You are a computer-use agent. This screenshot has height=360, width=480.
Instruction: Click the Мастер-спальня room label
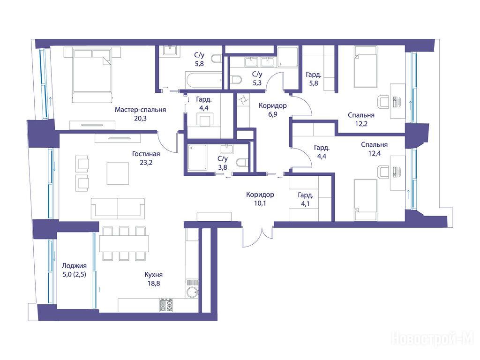point(140,110)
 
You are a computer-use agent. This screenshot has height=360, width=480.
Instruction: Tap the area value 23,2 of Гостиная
point(146,163)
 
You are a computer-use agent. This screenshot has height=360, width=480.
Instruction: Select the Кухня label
point(153,275)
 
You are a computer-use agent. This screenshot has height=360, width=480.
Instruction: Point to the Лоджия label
point(74,266)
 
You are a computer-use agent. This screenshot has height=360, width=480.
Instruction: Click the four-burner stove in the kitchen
point(165,305)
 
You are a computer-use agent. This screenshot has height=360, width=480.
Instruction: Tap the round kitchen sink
point(192,292)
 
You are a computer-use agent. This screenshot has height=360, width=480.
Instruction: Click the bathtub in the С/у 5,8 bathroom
point(203,80)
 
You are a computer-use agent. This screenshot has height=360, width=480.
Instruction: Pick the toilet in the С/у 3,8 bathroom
point(242,162)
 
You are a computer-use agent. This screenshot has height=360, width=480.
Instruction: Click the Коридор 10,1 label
point(260,199)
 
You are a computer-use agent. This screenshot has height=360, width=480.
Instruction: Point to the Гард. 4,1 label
point(305,199)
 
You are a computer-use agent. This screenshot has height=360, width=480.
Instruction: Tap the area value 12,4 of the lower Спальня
point(375,153)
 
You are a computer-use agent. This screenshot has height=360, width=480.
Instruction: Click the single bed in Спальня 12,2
point(365,67)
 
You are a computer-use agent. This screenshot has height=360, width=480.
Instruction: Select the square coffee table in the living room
point(118,173)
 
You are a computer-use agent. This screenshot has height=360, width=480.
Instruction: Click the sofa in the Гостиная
point(118,208)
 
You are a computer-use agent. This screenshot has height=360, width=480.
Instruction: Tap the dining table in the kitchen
point(124,244)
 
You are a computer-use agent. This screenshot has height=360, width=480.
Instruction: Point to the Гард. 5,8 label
point(314,79)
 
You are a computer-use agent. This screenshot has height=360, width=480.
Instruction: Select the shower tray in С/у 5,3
point(287,57)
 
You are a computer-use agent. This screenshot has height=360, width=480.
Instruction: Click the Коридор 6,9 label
point(272,110)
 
